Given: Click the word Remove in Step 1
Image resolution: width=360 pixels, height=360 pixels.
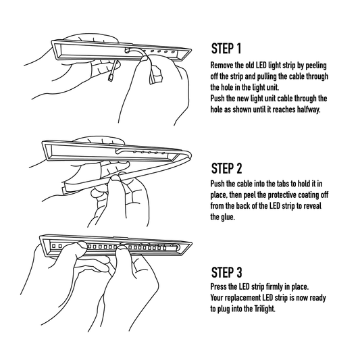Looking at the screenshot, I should [x=224, y=64].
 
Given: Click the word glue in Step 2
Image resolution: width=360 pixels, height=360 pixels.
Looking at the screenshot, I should [x=232, y=218].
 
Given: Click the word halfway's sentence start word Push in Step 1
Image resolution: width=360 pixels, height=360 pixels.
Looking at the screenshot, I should [x=220, y=98].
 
